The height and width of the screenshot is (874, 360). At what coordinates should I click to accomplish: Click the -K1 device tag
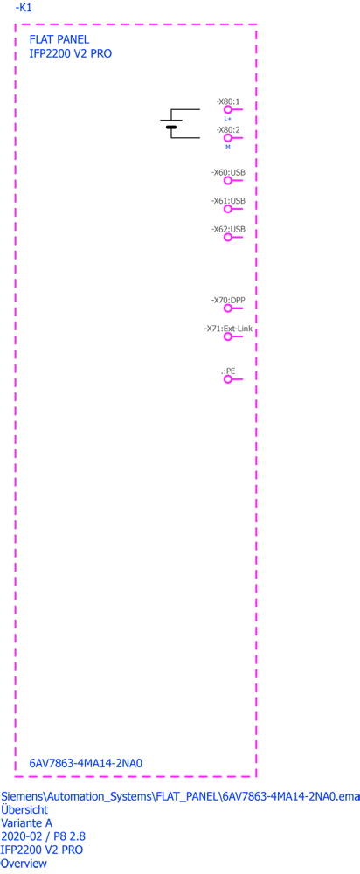[23, 8]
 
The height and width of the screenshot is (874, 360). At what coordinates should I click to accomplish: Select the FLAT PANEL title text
[59, 39]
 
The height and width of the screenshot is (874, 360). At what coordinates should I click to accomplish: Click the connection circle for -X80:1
[227, 110]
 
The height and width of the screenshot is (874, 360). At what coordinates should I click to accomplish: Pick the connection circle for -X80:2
[227, 138]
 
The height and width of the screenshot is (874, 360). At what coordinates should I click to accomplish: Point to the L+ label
[228, 119]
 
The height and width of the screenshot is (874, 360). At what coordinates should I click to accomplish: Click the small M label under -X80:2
[227, 147]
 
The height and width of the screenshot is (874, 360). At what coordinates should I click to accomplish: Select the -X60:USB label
[228, 173]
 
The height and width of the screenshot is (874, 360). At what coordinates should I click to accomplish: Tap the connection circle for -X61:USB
[227, 209]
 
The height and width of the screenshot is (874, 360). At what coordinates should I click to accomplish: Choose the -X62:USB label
[228, 229]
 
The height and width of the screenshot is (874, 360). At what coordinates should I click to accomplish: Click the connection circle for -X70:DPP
[227, 309]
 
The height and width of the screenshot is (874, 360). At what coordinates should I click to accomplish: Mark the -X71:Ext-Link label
[228, 329]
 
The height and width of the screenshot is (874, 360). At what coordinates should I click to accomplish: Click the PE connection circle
[227, 379]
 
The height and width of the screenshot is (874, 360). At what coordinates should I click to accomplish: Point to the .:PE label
[228, 371]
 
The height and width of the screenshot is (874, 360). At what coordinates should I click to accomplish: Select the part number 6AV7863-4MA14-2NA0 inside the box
[86, 763]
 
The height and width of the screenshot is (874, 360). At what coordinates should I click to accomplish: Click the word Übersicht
[24, 809]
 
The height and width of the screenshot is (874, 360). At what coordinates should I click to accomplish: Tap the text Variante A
[27, 822]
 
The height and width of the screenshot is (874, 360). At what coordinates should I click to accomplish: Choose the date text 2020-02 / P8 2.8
[44, 836]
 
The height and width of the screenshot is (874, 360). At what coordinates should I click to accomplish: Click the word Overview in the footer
[24, 864]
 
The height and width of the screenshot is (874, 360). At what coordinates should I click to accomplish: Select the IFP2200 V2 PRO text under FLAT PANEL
[70, 54]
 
